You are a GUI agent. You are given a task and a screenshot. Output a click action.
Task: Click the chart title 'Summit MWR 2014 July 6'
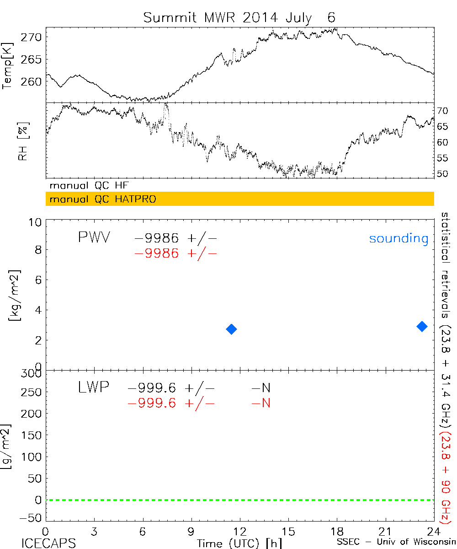pos(239,17)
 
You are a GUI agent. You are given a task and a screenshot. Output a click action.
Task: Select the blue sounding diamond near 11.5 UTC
pos(232,329)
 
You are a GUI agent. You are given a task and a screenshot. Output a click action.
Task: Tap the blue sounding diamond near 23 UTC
pos(422,326)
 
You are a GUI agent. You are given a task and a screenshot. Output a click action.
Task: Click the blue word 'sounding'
pos(399,238)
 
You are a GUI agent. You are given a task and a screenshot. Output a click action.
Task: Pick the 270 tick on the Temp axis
pos(34,38)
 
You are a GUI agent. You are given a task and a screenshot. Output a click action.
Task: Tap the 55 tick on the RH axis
pos(442,158)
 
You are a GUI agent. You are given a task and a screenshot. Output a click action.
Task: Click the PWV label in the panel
pos(94,238)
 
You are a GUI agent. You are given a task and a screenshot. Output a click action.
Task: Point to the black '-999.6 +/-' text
pos(171,388)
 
